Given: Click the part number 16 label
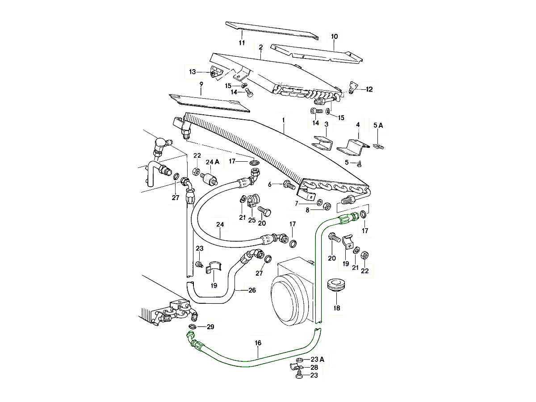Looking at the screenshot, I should click(258, 343).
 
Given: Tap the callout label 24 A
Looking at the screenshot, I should click(212, 162).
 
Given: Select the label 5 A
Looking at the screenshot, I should click(378, 126).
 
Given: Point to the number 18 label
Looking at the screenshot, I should click(337, 308).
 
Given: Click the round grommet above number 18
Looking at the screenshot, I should click(336, 285).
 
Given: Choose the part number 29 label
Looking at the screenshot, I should click(210, 327).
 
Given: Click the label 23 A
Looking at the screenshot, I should click(317, 359).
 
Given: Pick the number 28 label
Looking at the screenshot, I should click(314, 367).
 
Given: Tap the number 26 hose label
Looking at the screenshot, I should click(252, 290).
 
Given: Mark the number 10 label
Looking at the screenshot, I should click(335, 36).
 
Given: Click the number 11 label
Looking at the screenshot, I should click(242, 43).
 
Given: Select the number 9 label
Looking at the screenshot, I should click(201, 84).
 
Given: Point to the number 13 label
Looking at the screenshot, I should click(193, 72).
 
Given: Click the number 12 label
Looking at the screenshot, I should click(369, 89).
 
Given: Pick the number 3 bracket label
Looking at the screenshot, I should click(327, 124).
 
